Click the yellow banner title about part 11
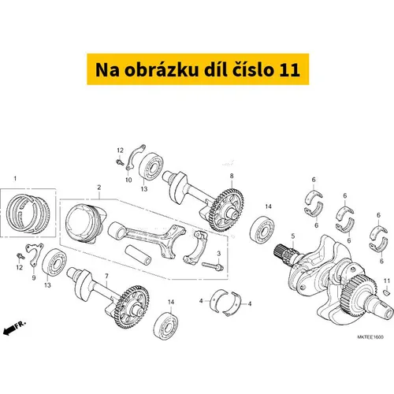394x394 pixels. [198, 69]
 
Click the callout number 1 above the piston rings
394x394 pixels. [15, 179]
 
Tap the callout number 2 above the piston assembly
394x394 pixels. [99, 188]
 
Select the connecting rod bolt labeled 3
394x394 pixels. [212, 266]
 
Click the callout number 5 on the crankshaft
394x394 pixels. [293, 236]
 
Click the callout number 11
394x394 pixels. [387, 281]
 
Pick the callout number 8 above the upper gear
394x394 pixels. [232, 176]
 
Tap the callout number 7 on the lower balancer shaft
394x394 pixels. [106, 276]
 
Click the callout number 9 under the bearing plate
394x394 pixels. [34, 277]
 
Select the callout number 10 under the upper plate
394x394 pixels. [128, 180]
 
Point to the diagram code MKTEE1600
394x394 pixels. [370, 337]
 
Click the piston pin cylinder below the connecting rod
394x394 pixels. [138, 255]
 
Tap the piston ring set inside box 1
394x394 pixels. [28, 214]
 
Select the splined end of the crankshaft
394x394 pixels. [286, 254]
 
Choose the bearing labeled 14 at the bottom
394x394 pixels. [166, 325]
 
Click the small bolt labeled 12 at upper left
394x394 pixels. [120, 162]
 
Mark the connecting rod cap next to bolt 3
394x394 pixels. [195, 247]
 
